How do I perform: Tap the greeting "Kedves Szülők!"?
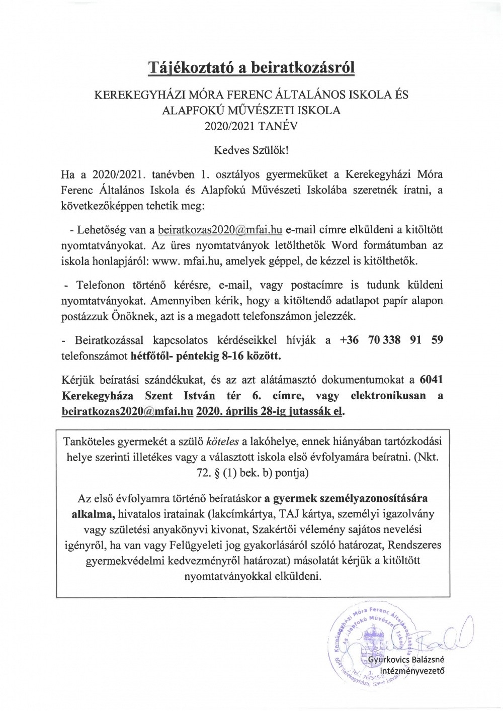(251, 150)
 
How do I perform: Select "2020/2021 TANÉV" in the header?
(251, 126)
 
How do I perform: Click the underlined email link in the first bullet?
(220, 230)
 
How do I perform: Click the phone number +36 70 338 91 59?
(391, 340)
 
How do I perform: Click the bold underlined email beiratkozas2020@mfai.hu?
(127, 411)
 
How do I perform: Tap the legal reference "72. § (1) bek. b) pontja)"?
(251, 473)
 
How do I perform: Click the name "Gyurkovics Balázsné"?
(406, 660)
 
